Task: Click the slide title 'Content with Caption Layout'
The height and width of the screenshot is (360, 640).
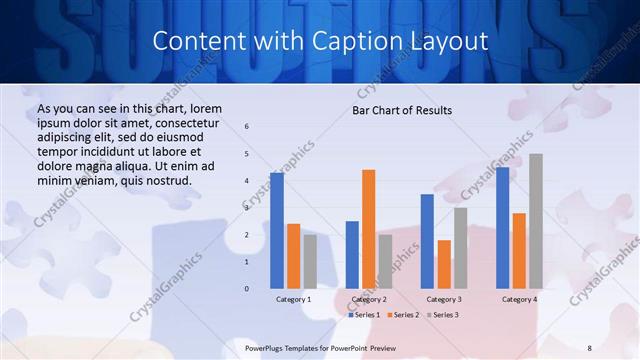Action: coord(320,41)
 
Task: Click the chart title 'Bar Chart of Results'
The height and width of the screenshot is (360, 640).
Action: coord(402,110)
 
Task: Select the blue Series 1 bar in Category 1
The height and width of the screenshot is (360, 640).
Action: coord(277,230)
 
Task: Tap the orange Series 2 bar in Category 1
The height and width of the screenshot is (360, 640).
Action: coord(293,256)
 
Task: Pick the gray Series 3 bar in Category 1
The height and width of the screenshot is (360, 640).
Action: coord(310,261)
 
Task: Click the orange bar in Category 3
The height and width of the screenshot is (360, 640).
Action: coord(444,264)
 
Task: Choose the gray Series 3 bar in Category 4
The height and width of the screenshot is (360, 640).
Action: coord(536,221)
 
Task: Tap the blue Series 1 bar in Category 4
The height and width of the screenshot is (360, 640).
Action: coord(502,228)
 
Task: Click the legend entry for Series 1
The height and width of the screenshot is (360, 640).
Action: coord(363,315)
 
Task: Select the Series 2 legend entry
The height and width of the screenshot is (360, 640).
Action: coord(402,315)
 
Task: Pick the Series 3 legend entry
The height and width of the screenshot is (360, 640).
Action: coord(441,315)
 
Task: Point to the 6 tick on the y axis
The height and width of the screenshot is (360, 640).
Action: coord(247,126)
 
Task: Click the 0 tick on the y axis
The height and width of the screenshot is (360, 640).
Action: coord(247,289)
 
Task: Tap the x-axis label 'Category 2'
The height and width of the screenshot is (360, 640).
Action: coord(368,299)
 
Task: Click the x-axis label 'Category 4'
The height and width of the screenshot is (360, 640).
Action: coord(519,299)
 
